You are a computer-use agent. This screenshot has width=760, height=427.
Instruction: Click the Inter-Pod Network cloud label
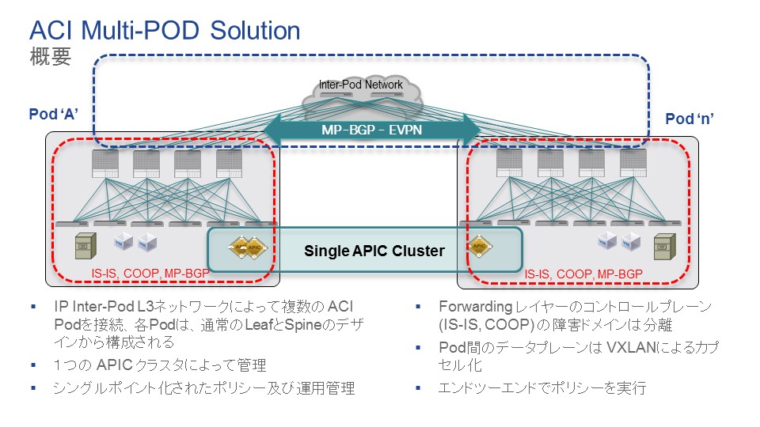(x=360, y=85)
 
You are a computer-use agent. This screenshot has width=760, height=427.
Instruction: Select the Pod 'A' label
(x=53, y=113)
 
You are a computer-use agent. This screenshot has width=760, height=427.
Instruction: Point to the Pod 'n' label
(x=690, y=119)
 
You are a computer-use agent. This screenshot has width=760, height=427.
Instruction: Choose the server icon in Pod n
(x=663, y=248)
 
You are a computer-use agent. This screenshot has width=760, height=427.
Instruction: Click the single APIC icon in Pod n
(x=478, y=246)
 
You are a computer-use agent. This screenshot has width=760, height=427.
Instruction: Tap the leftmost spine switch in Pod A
(x=104, y=164)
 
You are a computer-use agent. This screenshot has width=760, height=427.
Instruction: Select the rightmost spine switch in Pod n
(x=633, y=164)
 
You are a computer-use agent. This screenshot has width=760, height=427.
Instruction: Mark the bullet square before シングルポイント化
(x=33, y=389)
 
